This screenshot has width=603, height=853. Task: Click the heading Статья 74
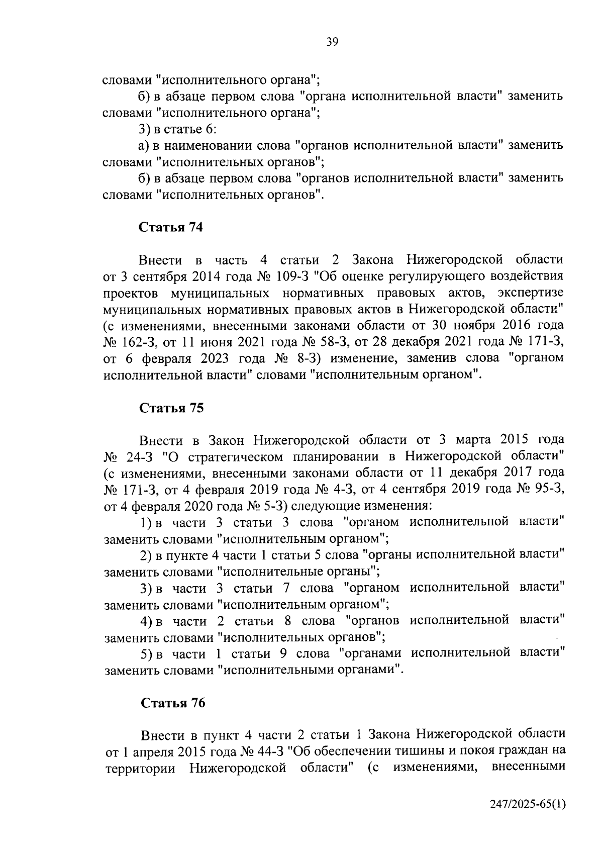click(171, 227)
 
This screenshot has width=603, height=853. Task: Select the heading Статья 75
click(171, 408)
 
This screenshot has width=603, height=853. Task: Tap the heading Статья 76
click(173, 703)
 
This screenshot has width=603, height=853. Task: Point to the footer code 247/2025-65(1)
click(528, 818)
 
